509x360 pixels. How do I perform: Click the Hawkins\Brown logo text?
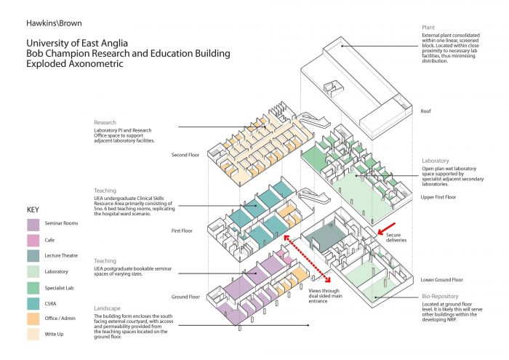tap(54, 23)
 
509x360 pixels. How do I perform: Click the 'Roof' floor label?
tap(427, 111)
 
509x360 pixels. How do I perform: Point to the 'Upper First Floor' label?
tap(438, 197)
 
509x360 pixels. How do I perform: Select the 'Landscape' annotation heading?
tap(107, 308)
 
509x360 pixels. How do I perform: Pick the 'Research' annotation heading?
tap(105, 122)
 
